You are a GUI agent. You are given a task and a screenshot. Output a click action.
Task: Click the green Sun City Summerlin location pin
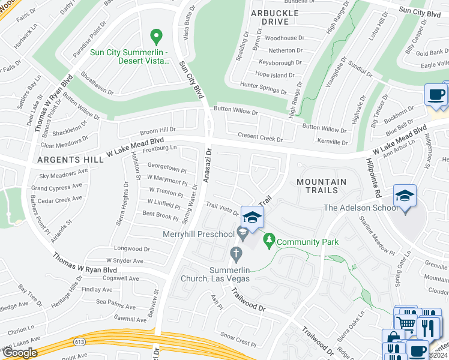157,37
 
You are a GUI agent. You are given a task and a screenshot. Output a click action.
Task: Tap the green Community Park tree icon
270,241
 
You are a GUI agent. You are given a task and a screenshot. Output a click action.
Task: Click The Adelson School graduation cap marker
405,196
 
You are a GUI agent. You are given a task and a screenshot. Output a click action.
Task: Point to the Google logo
19,353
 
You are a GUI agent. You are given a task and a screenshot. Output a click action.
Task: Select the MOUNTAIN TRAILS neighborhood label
321,187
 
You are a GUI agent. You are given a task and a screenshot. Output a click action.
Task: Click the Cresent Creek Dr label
260,139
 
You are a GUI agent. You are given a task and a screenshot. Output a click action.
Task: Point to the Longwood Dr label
131,248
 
